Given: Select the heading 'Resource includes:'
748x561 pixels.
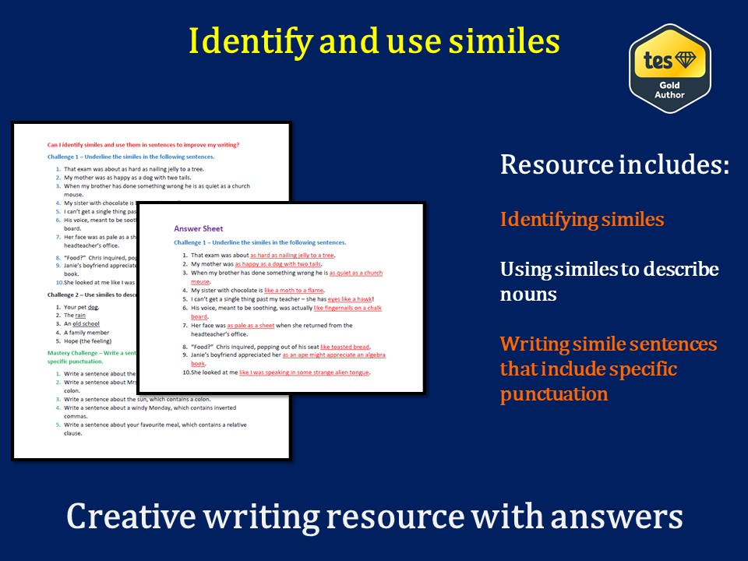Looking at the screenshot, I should coord(614,165).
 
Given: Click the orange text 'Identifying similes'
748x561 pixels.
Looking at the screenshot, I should coord(582,220).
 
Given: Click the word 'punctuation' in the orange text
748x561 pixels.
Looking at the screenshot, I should coord(554,393).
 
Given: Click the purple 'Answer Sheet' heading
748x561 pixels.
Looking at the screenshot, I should coord(198,229).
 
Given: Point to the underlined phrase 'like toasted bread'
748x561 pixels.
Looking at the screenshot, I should coord(345,347).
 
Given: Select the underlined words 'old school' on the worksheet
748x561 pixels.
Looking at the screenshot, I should coord(86,323).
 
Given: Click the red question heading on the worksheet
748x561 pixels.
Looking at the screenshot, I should coord(143,144).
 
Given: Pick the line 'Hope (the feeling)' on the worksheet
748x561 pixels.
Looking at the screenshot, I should coord(87,340).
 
